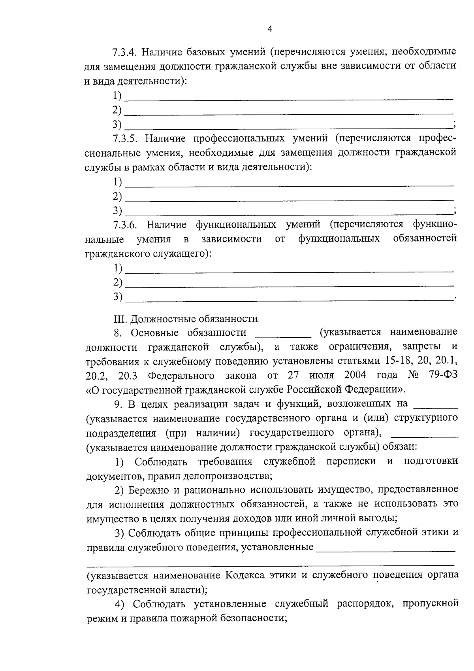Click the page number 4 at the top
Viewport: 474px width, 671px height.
(x=270, y=29)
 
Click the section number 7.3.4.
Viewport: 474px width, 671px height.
(x=124, y=52)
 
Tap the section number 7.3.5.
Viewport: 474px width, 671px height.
(x=124, y=138)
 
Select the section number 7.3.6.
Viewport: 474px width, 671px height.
(x=125, y=225)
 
